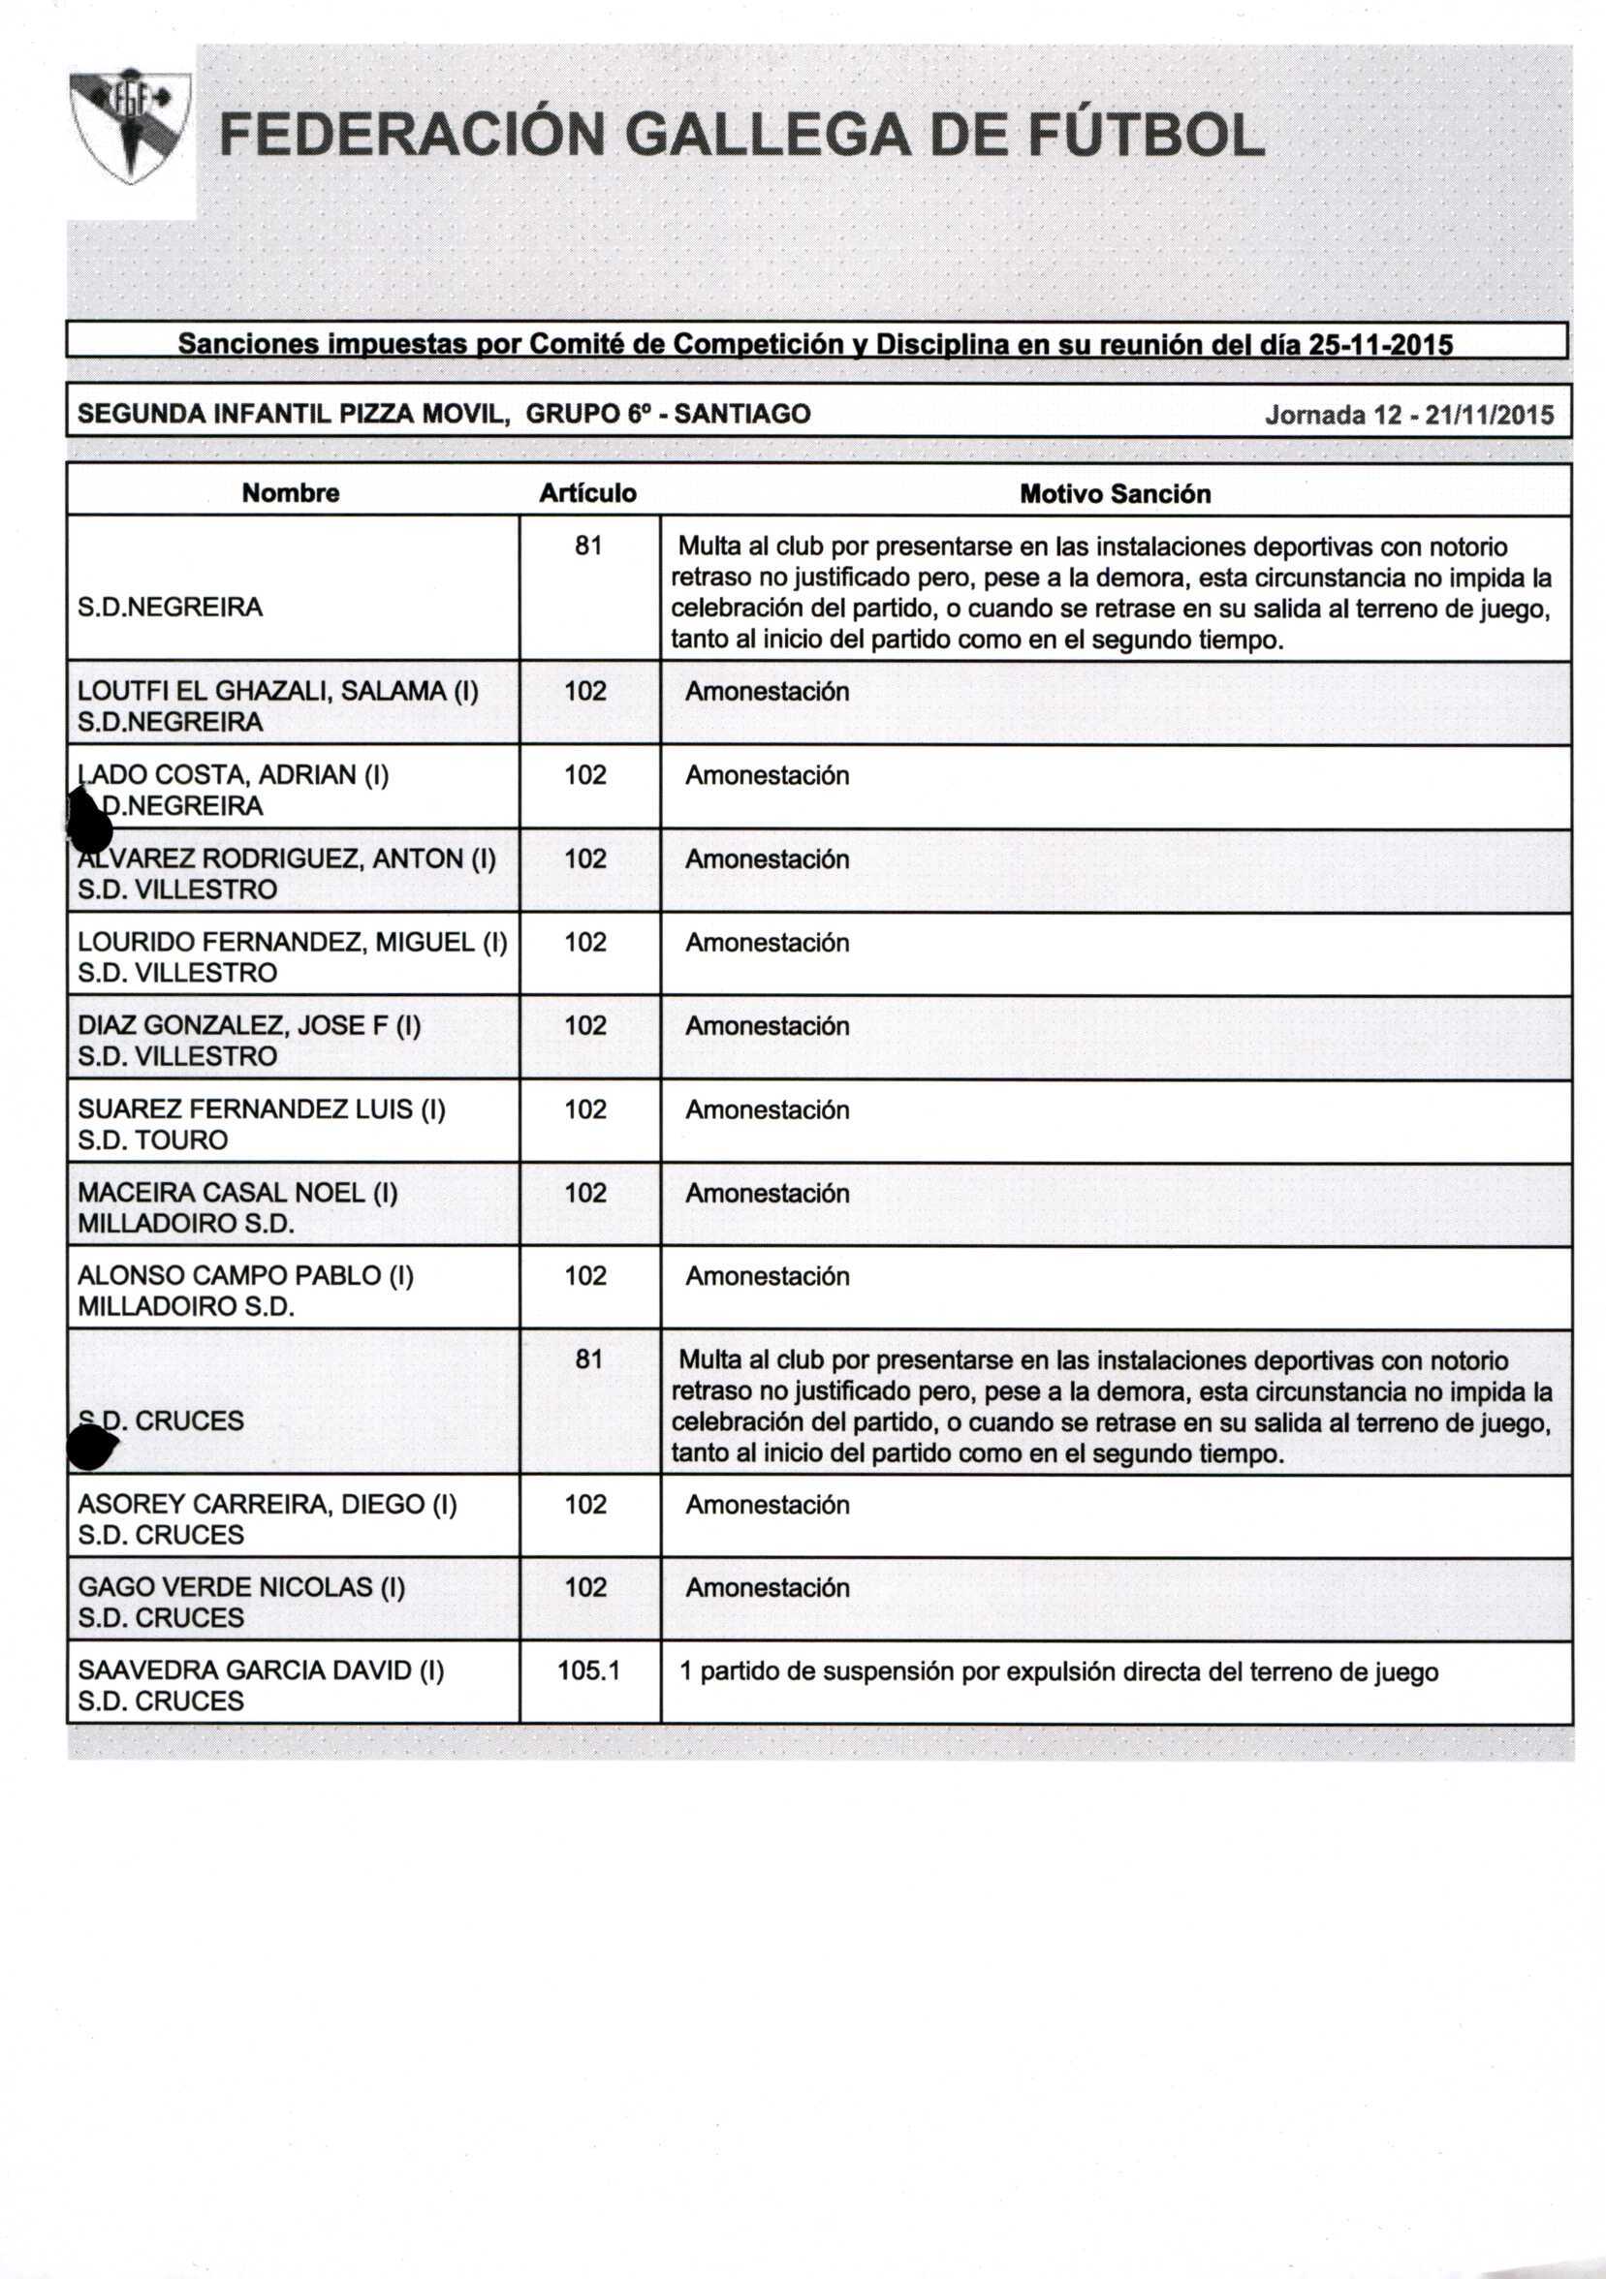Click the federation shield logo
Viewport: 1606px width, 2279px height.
coord(129,126)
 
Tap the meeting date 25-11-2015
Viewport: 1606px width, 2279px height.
coord(1381,344)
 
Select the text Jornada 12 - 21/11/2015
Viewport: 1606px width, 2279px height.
coord(1408,415)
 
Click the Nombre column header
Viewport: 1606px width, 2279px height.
coord(290,493)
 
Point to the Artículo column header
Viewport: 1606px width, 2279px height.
coord(587,493)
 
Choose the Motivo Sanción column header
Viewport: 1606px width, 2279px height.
coord(1115,494)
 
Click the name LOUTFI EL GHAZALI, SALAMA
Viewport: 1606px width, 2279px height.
coord(278,691)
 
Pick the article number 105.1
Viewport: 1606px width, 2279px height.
coord(587,1670)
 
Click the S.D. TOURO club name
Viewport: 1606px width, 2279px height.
coord(153,1139)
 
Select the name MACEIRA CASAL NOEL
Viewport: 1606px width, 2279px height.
coord(237,1192)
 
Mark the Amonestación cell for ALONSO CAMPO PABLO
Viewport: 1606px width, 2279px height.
coord(767,1275)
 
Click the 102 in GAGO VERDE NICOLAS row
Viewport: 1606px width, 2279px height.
coord(585,1587)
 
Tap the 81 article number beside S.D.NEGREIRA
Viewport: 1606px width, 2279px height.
coord(588,546)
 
